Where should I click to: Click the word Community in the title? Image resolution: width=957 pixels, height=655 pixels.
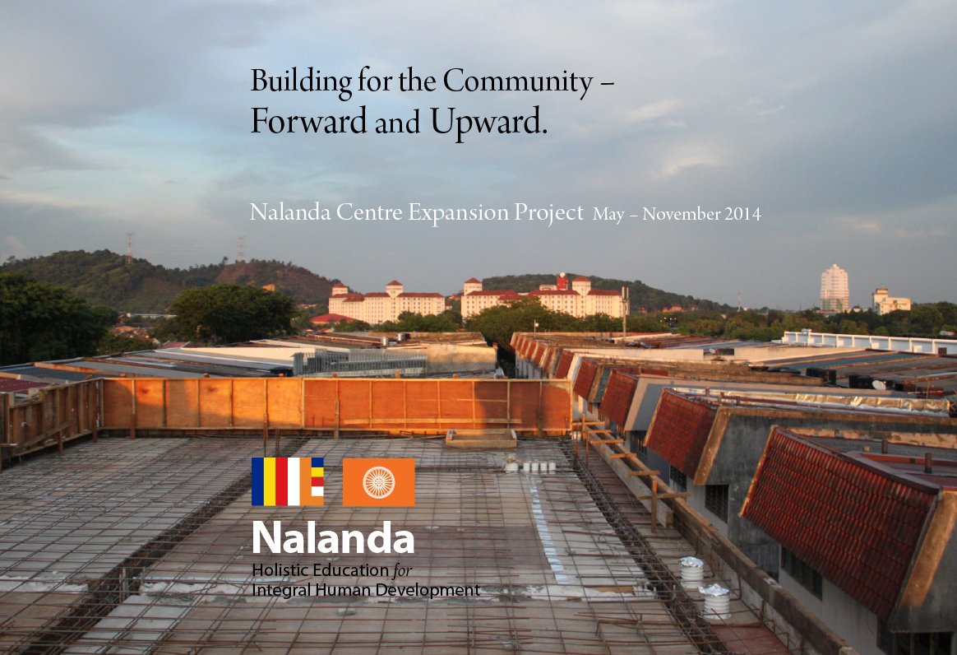518,82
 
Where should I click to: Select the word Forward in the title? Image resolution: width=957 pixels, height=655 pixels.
308,121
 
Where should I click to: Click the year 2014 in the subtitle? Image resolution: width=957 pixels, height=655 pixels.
742,214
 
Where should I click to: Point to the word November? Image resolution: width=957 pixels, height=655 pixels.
681,214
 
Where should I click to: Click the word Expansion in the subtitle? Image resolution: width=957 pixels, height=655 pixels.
459,213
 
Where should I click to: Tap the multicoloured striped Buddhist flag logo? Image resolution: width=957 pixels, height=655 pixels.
288,481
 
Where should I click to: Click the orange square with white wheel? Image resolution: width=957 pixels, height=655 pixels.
378,482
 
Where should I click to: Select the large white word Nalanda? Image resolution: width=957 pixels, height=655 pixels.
333,537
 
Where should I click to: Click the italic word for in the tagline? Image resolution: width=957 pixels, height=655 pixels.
402,570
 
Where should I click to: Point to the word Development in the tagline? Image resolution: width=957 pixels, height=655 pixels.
428,591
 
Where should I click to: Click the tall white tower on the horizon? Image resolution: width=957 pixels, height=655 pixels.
834,288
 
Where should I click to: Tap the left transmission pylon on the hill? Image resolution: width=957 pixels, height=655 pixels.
129,248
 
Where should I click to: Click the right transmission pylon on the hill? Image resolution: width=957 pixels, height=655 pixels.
240,249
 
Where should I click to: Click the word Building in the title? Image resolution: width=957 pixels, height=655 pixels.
301,82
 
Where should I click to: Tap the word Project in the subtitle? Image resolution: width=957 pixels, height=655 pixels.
548,213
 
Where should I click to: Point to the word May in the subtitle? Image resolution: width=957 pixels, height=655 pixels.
608,215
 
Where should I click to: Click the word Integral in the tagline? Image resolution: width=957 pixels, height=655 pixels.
274,591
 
